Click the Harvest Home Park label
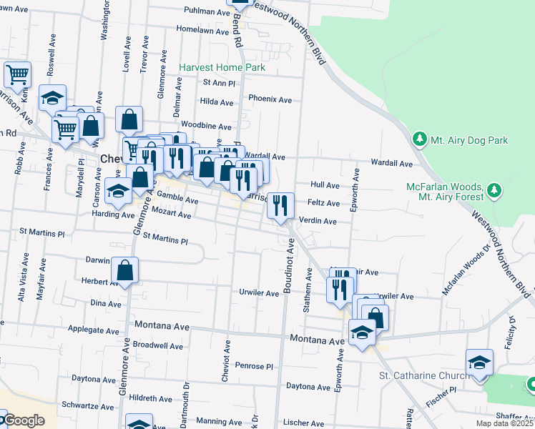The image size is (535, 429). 222,67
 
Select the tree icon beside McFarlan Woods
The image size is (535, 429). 493,191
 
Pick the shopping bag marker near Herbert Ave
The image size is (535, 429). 124,270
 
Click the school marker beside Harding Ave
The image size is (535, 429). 118,190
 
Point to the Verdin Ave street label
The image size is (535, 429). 318,221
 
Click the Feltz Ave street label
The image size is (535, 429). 323,203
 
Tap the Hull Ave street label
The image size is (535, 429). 325,184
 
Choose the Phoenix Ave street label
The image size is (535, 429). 270,99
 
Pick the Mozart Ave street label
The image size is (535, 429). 172,214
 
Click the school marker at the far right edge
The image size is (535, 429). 479,362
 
